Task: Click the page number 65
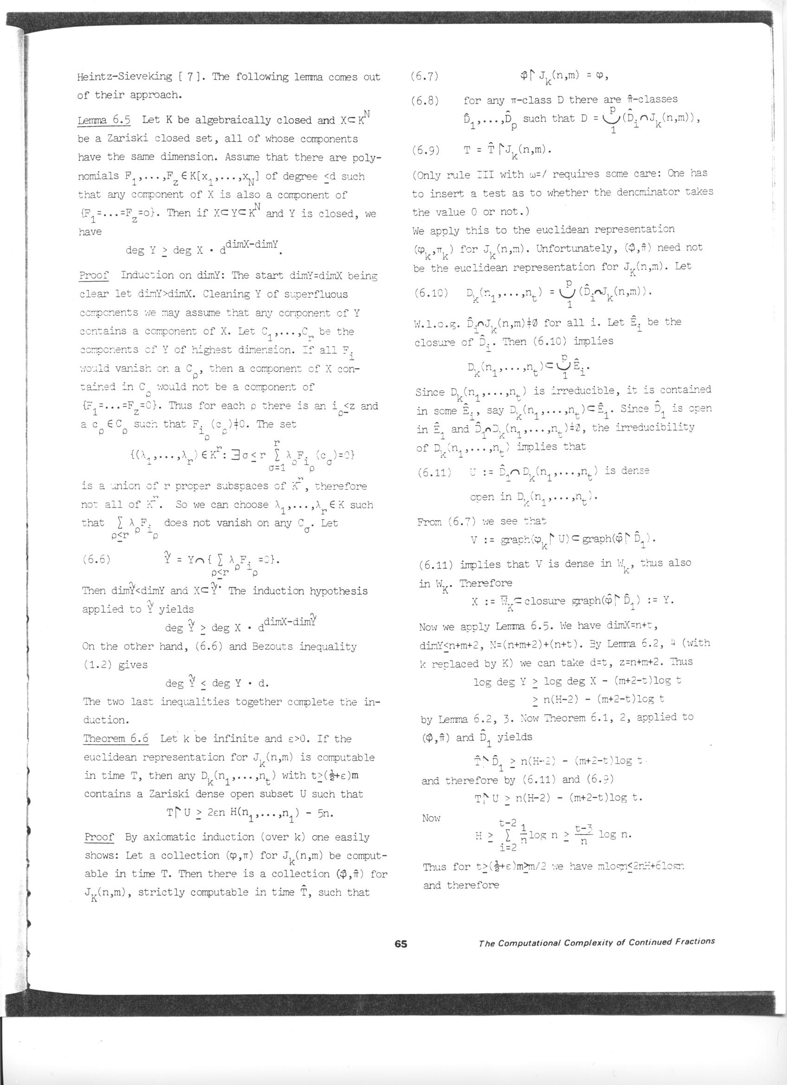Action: pos(401,944)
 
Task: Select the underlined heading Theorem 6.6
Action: pos(116,738)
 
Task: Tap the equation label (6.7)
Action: pos(426,77)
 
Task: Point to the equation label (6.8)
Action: pos(426,100)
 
